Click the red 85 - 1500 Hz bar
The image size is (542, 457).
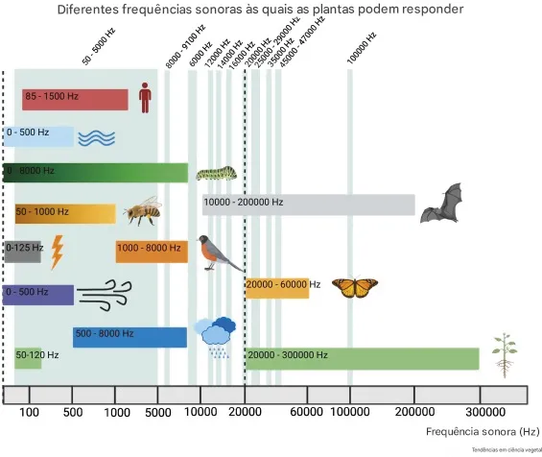pos(75,99)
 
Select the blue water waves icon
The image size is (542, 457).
pos(97,137)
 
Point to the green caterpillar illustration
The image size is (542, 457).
pos(216,174)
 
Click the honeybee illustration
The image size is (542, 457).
pos(141,211)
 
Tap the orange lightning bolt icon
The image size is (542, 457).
pos(58,252)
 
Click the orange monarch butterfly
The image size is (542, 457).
pos(354,287)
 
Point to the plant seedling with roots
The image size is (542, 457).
pos(501,355)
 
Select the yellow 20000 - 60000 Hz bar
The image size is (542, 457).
pos(277,287)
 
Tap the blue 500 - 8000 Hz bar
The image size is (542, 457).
pos(130,337)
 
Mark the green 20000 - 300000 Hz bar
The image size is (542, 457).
pos(362,358)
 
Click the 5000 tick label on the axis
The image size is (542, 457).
pos(158,413)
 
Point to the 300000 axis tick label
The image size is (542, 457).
pos(492,413)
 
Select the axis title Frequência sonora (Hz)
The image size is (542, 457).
pos(477,433)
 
